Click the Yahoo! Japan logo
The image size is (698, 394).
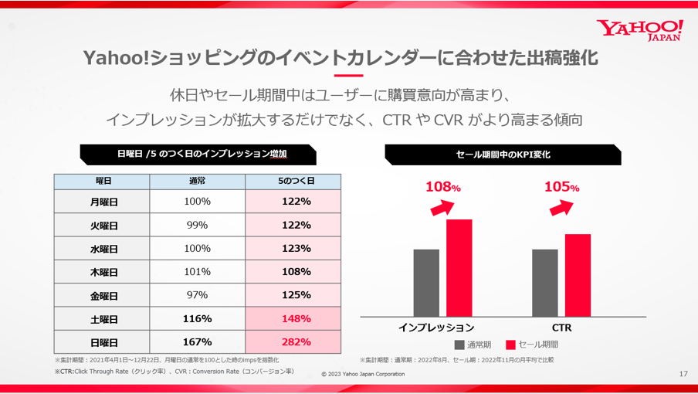click(x=639, y=29)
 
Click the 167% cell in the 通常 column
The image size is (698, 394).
click(x=197, y=341)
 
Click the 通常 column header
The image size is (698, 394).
click(x=197, y=181)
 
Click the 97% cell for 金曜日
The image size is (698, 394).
click(x=197, y=295)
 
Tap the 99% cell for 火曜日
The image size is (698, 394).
click(x=197, y=225)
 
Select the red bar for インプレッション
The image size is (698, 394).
click(x=459, y=268)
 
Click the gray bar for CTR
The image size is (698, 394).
click(x=544, y=283)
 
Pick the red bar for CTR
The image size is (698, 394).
click(x=578, y=275)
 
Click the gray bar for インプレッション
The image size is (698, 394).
click(x=426, y=283)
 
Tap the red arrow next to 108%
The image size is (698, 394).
click(x=442, y=207)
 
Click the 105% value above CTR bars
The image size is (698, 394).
click(x=561, y=187)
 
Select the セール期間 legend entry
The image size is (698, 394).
click(x=532, y=345)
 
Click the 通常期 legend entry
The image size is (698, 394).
click(x=473, y=345)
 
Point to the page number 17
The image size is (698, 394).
click(x=683, y=374)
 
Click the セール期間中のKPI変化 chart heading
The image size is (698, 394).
click(x=503, y=155)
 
